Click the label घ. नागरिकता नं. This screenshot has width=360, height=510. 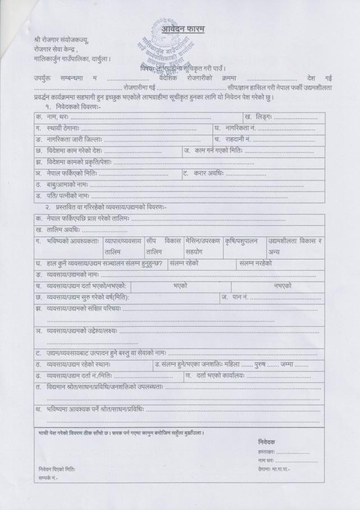(235, 128)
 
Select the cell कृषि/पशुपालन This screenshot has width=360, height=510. (241, 240)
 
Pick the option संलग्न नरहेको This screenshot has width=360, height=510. (255, 263)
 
